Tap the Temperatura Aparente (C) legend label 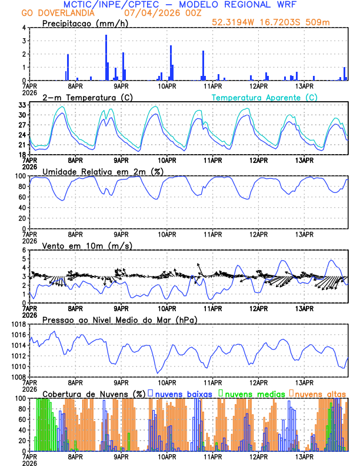pos(264,97)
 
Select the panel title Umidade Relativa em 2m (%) pos(104,171)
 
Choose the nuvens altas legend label pos(320,393)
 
